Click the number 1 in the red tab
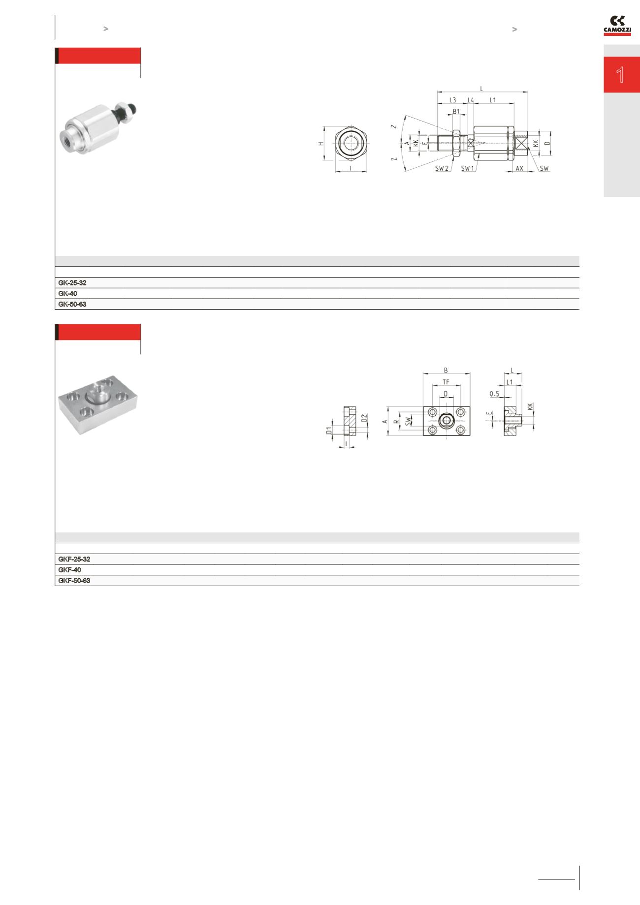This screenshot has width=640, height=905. [x=621, y=75]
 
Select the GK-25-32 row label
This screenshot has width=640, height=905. [x=72, y=283]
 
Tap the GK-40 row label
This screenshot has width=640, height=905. [x=67, y=293]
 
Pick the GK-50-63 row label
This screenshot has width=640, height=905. [x=72, y=304]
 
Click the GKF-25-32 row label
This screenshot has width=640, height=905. [x=74, y=560]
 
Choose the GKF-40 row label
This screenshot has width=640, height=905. [x=69, y=570]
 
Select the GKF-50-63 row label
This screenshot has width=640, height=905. [x=74, y=581]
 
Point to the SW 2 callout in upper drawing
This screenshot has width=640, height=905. [x=442, y=168]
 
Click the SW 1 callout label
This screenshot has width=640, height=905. [x=468, y=168]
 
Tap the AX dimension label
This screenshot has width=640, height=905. [x=519, y=168]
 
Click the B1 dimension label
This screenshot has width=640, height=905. [x=456, y=112]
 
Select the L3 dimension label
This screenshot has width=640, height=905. [x=452, y=100]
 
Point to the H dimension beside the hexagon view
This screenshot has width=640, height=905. [x=320, y=143]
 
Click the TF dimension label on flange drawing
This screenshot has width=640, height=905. [x=446, y=381]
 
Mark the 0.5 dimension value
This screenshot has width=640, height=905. [x=495, y=394]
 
